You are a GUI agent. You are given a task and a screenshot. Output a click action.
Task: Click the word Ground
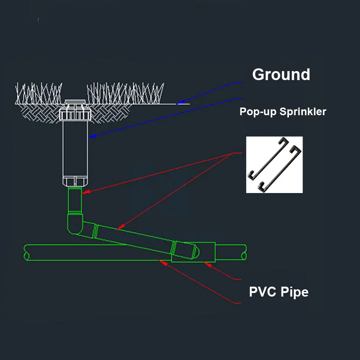point(281,74)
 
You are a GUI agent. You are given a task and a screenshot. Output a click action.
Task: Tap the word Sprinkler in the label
point(303,112)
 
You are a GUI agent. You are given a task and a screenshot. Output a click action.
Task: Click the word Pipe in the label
point(295,292)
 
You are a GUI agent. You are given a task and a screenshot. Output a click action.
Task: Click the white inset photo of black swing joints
point(274,165)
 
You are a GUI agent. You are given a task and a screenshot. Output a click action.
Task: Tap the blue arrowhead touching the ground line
point(180,103)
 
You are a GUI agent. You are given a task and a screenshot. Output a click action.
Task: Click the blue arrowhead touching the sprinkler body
point(92,136)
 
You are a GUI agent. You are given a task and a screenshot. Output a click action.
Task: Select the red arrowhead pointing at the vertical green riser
point(85,192)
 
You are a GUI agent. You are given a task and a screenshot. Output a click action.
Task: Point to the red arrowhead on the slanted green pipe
point(120,227)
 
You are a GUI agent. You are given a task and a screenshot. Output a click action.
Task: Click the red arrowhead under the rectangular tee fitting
point(207,265)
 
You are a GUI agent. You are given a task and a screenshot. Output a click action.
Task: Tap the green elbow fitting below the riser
point(75,224)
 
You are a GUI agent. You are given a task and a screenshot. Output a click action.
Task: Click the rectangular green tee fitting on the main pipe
point(193,252)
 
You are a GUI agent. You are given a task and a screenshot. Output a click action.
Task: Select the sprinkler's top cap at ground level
point(75,102)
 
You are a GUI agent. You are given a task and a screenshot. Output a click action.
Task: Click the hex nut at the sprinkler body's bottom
point(75,181)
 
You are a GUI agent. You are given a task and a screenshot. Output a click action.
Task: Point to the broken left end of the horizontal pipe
point(27,252)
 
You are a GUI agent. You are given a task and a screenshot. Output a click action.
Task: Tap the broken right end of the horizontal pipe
point(244,252)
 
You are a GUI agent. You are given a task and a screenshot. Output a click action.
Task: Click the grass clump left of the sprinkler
point(39,94)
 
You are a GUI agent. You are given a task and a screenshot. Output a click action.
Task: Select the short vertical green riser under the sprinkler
point(75,200)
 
